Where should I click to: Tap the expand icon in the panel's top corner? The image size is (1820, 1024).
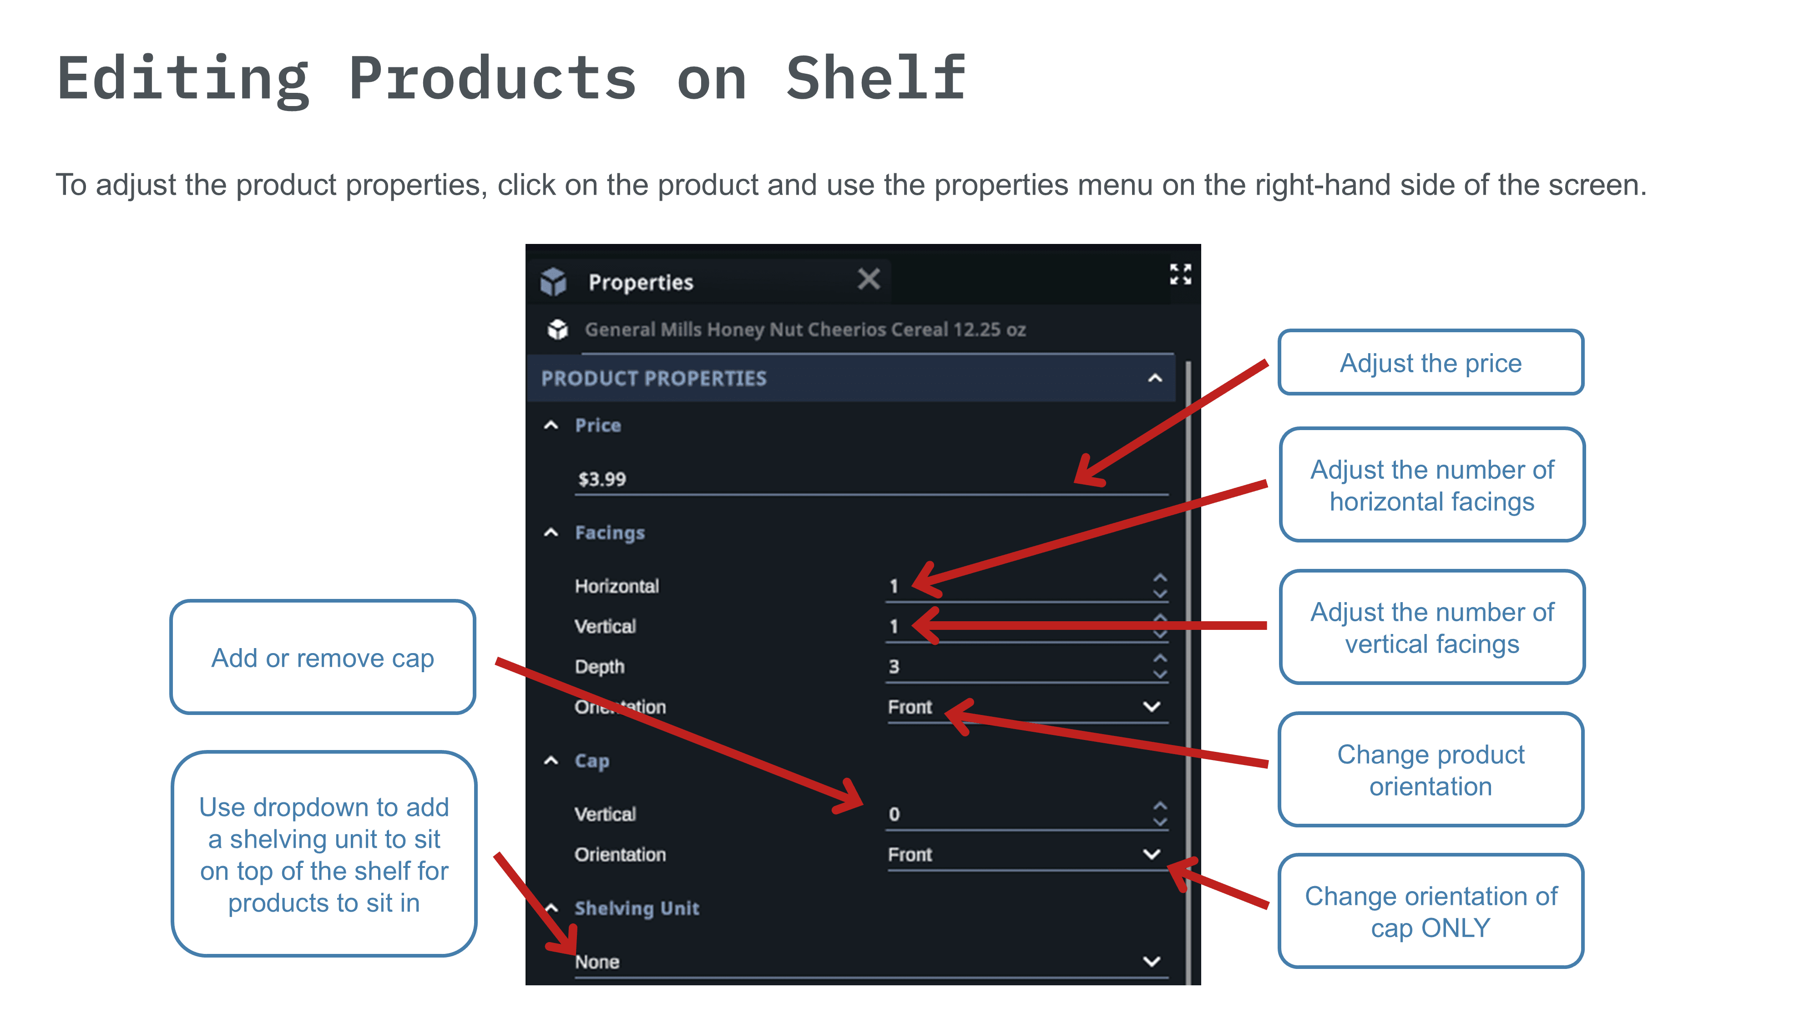pyautogui.click(x=1180, y=274)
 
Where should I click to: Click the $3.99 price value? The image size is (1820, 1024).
pyautogui.click(x=602, y=479)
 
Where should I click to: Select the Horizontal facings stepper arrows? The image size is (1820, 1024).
pyautogui.click(x=1159, y=586)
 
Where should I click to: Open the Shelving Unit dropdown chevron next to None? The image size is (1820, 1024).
pyautogui.click(x=1152, y=961)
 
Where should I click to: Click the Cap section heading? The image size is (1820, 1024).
pyautogui.click(x=591, y=761)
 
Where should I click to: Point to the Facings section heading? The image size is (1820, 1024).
pyautogui.click(x=610, y=533)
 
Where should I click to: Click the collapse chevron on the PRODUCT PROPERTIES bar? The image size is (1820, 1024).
pyautogui.click(x=1154, y=378)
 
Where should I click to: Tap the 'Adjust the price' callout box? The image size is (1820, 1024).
pyautogui.click(x=1431, y=363)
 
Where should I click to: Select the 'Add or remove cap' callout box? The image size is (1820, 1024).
pyautogui.click(x=323, y=657)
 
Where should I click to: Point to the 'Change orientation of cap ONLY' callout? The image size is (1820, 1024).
pyautogui.click(x=1431, y=911)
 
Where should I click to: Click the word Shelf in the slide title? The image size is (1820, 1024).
pyautogui.click(x=876, y=78)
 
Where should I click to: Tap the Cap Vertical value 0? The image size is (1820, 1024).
pyautogui.click(x=894, y=814)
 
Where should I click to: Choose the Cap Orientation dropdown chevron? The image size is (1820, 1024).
pyautogui.click(x=1152, y=854)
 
